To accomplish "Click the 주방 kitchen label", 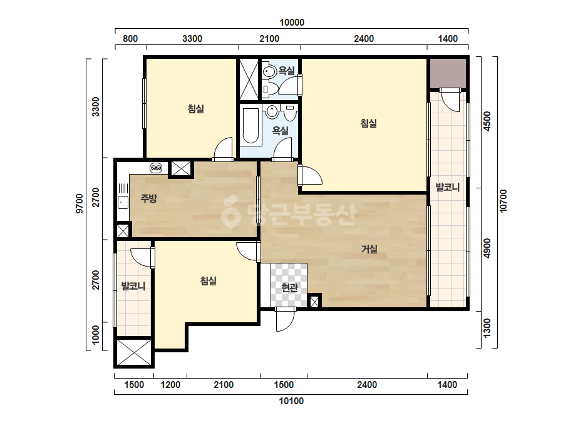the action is pos(148,198).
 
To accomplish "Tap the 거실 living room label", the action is pos(369,249).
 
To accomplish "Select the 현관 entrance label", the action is pos(289,287).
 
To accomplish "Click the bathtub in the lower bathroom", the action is pos(250,126).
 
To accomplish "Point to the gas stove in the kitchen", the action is pos(156,168).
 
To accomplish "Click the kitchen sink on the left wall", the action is pos(123,203).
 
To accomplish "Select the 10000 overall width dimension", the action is pos(292,23).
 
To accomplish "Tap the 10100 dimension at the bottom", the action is pos(291,401).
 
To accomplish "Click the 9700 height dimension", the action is pos(80,203).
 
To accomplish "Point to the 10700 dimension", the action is pos(503,201).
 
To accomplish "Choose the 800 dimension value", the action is pos(130,39).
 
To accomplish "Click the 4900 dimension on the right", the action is pos(487,248).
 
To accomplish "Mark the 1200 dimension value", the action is pos(170,385).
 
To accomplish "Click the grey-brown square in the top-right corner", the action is pos(448,73).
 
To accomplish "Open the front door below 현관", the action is pos(286,319).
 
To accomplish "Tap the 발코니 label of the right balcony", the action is pos(448,187).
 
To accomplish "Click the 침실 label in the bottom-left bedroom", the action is pos(209,281).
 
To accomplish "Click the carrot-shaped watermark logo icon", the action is pos(231,212).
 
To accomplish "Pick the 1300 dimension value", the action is pos(487,329).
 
